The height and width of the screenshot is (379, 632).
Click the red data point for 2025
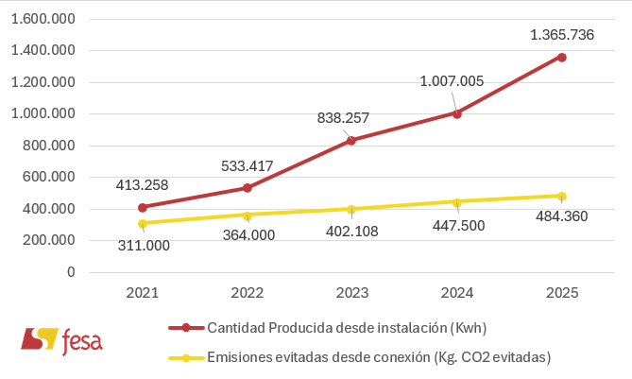click(x=562, y=58)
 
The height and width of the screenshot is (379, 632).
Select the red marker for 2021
click(x=143, y=207)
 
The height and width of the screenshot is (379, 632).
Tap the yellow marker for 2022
click(x=248, y=215)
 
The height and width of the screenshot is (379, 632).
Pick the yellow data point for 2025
click(x=562, y=197)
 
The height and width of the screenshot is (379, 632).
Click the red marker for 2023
click(x=351, y=140)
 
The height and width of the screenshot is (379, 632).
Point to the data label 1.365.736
click(x=562, y=35)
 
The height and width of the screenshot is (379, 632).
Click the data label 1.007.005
click(x=452, y=81)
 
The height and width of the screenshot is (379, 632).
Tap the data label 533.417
click(x=247, y=166)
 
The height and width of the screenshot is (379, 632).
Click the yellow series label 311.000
click(x=144, y=245)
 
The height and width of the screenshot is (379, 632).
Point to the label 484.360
click(x=561, y=216)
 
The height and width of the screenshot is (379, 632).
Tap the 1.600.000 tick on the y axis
click(x=44, y=19)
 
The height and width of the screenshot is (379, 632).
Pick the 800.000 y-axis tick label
click(x=48, y=146)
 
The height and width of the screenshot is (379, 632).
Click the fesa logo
click(x=61, y=339)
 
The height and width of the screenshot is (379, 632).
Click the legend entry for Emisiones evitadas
click(x=359, y=357)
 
